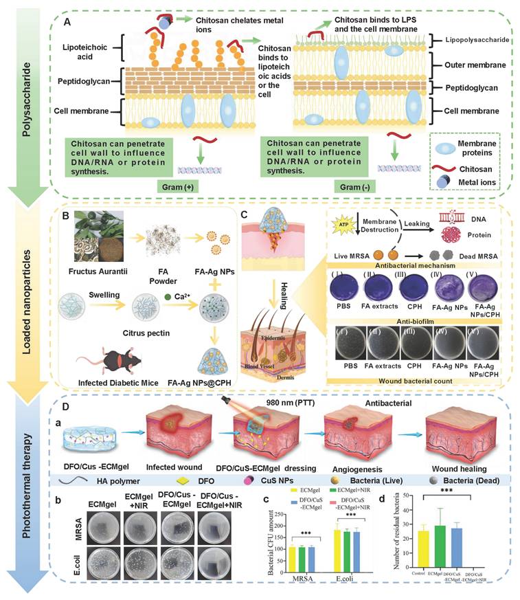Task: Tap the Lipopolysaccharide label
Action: tap(475, 41)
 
